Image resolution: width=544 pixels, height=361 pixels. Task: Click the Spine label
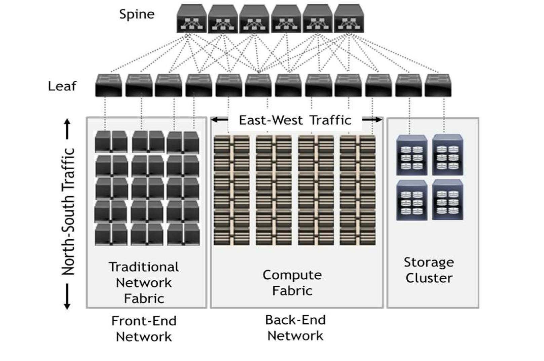137,14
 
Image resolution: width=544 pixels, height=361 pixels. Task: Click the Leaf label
62,86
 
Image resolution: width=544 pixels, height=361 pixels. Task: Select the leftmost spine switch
191,19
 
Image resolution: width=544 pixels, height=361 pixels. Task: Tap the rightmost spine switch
349,19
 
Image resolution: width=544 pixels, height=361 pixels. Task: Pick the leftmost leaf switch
108,86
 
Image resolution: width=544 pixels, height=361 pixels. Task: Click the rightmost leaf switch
438,86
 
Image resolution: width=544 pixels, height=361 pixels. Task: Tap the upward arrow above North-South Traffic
67,125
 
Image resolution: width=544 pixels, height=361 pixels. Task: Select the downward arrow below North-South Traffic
67,303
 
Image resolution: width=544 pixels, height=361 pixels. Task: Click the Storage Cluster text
429,270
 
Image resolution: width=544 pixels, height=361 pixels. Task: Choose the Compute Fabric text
292,283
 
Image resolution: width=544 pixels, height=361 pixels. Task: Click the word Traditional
144,267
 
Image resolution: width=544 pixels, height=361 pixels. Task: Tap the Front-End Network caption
144,329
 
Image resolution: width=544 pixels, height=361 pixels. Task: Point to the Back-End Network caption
295,328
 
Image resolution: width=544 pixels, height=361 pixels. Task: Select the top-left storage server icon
411,155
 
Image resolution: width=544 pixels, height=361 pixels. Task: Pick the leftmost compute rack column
231,190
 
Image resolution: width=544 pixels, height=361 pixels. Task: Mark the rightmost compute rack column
358,190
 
